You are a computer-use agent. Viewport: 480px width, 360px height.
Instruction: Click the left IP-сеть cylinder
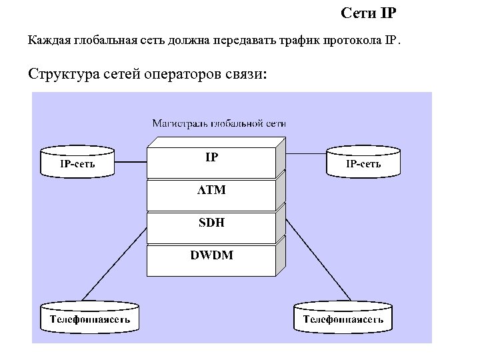(x=77, y=162)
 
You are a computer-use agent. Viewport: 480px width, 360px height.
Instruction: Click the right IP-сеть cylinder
(x=363, y=162)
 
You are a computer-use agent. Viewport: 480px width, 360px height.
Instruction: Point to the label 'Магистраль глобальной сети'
(x=219, y=123)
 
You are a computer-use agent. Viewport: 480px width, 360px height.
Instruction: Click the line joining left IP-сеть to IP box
(x=130, y=162)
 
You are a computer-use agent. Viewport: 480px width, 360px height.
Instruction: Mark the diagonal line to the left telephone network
(x=113, y=263)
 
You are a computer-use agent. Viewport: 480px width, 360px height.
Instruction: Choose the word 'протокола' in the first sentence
(x=353, y=41)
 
